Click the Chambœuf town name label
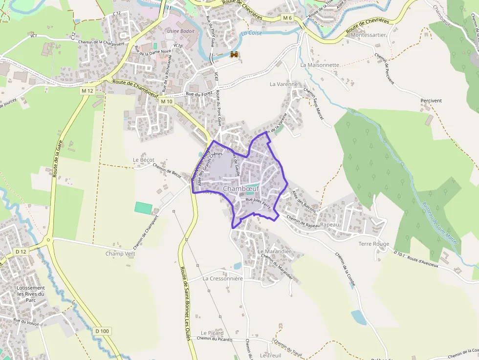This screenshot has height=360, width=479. (x=241, y=189)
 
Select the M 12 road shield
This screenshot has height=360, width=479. (x=87, y=91)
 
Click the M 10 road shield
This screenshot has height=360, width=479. (x=167, y=101)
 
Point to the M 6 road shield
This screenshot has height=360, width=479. (x=287, y=18)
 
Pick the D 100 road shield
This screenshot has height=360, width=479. (x=103, y=331)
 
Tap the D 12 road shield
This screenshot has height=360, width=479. (x=20, y=252)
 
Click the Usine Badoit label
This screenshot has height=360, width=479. (x=181, y=31)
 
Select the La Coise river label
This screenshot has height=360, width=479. (x=252, y=33)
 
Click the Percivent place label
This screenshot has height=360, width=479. (x=431, y=101)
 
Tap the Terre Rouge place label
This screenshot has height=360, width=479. (x=374, y=244)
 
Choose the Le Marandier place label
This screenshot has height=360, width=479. (x=274, y=251)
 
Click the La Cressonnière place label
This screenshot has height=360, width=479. (x=222, y=278)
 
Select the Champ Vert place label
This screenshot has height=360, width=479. (x=120, y=254)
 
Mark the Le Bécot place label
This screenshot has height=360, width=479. (x=144, y=160)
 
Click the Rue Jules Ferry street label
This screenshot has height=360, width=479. (x=258, y=200)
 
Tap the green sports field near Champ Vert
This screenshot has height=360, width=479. (x=143, y=207)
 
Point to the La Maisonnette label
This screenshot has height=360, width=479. (x=320, y=64)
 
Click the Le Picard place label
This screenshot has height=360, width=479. (x=212, y=333)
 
